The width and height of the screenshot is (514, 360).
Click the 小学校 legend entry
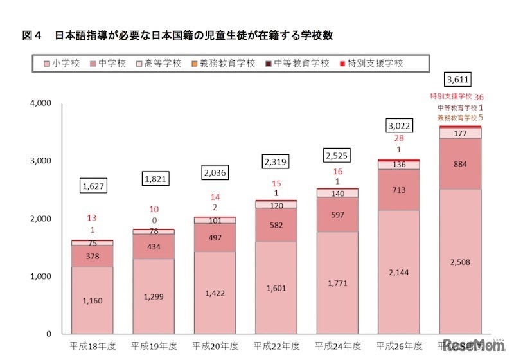pyautogui.click(x=62, y=64)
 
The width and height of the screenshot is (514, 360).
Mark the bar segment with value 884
pyautogui.click(x=460, y=164)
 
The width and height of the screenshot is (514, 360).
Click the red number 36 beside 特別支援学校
pyautogui.click(x=479, y=96)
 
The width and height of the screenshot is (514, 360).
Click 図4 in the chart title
pyautogui.click(x=31, y=35)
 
